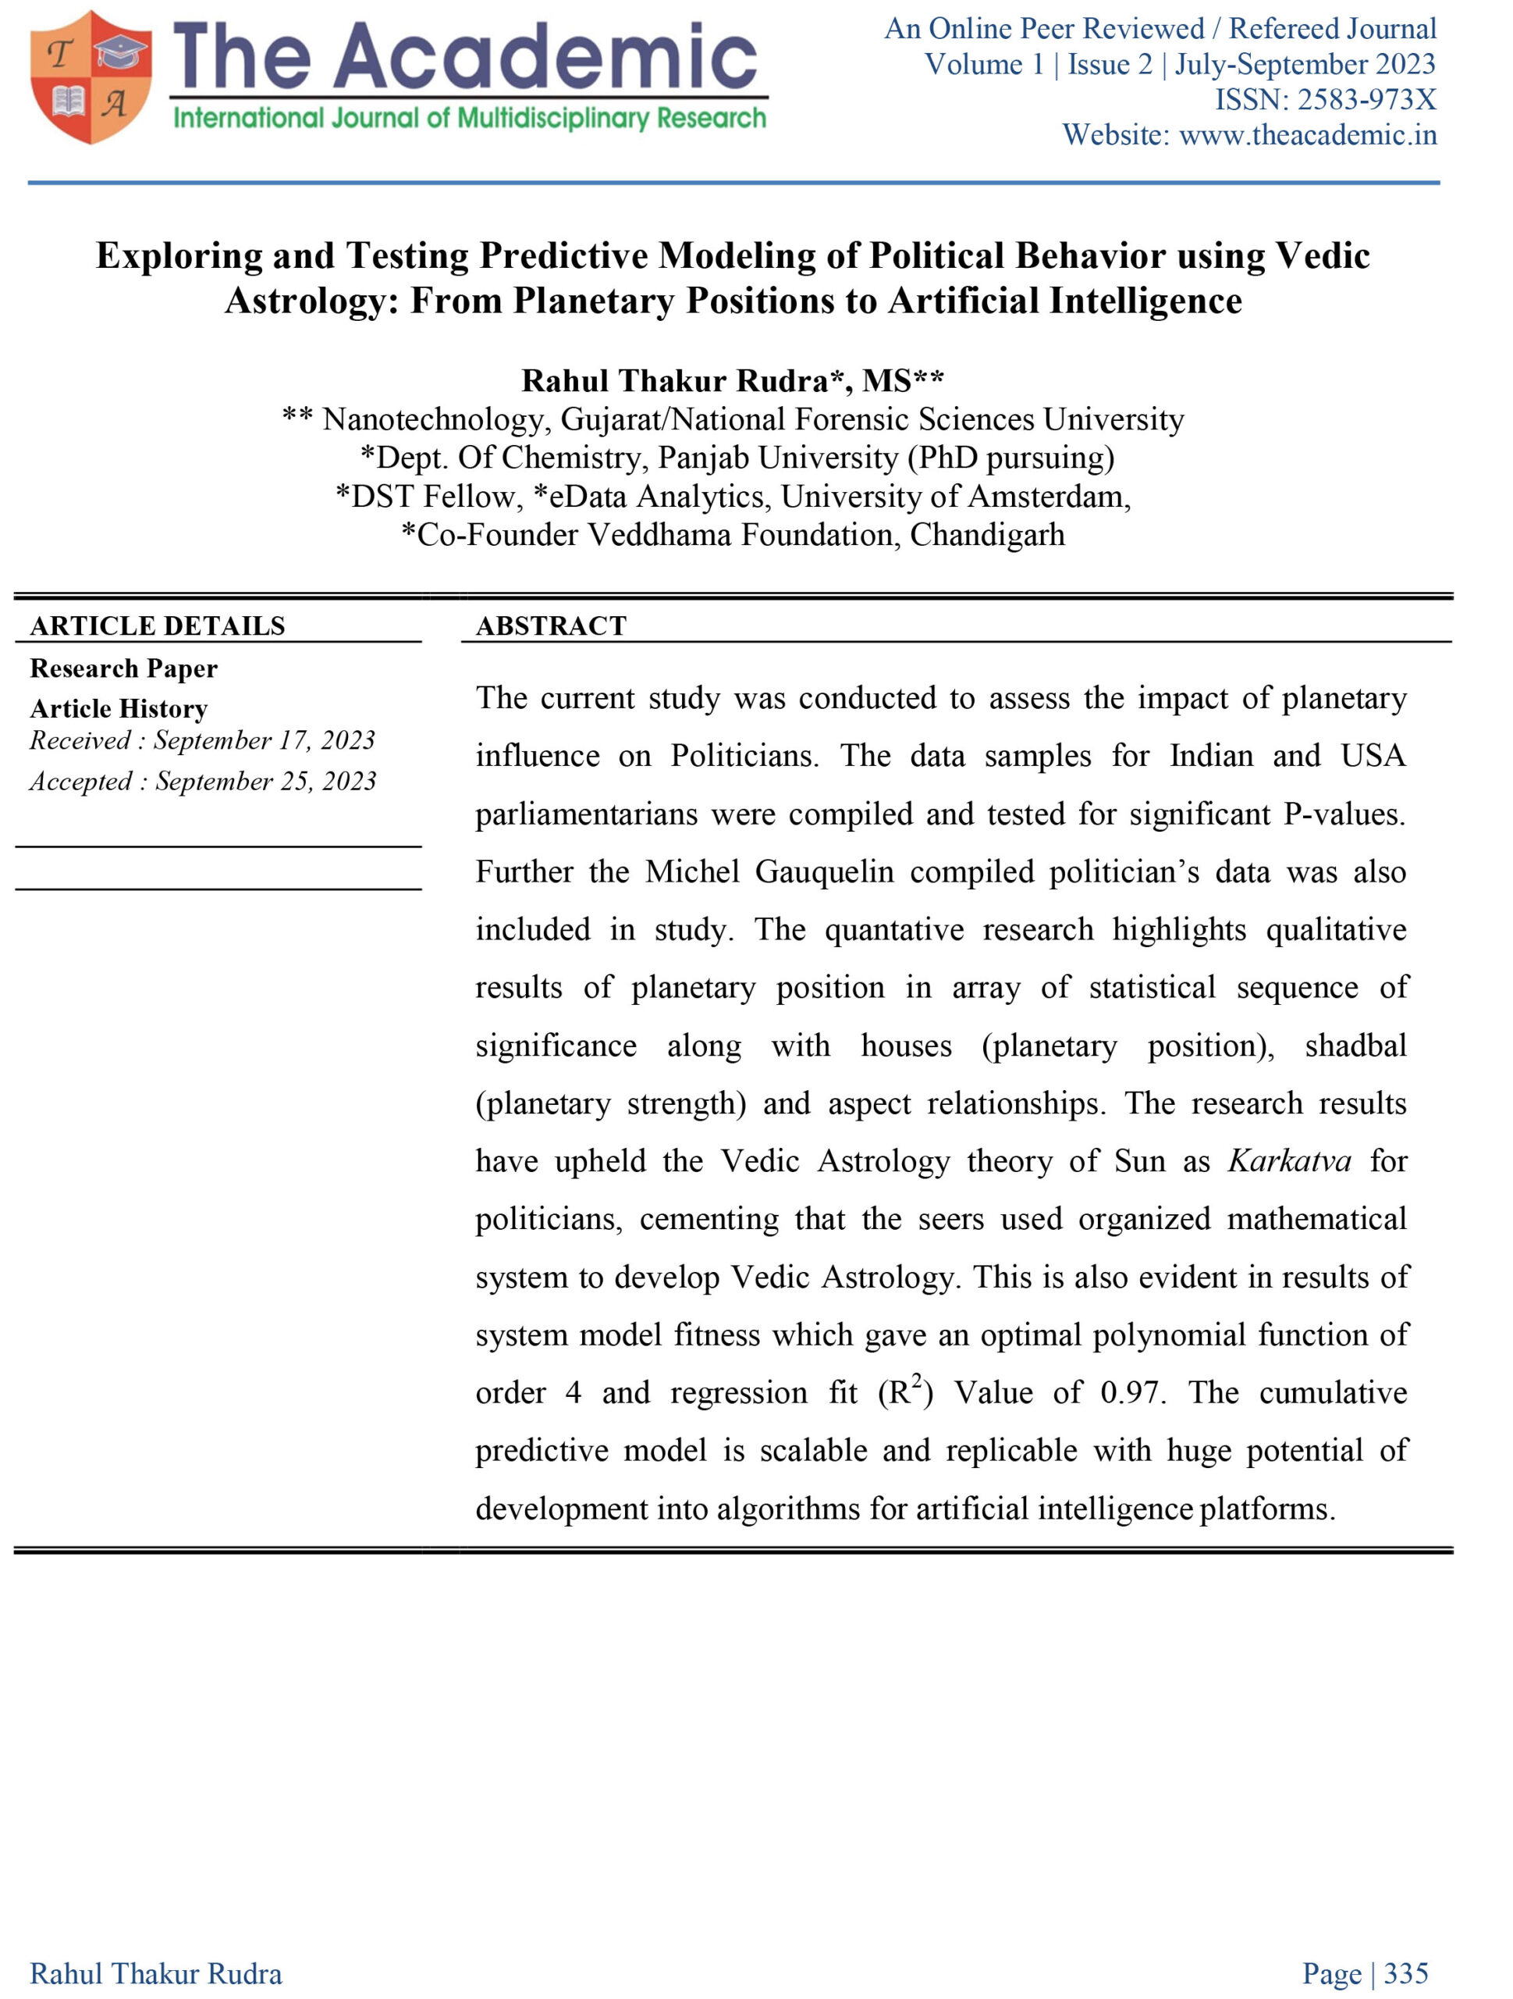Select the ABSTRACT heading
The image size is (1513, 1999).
[x=551, y=626]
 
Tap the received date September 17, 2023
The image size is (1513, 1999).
[x=264, y=741]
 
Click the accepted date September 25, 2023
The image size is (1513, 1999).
[x=265, y=782]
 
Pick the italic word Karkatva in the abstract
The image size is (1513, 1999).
[x=1289, y=1161]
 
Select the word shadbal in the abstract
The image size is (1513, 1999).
[x=1355, y=1046]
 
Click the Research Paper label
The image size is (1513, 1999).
[x=124, y=668]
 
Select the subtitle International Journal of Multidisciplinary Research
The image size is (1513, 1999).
[x=469, y=119]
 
